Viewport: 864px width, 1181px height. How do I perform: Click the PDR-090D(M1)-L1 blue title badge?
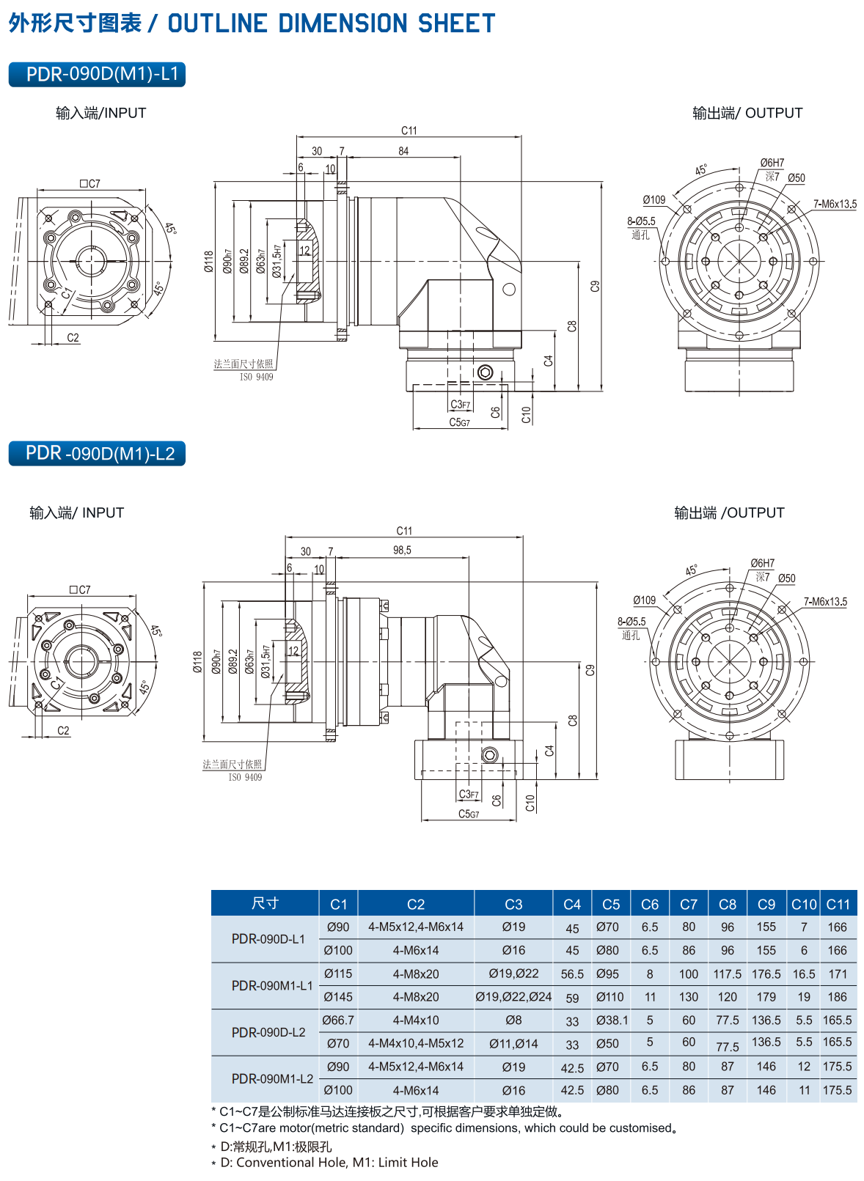click(97, 74)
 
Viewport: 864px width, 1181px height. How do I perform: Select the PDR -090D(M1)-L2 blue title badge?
click(97, 454)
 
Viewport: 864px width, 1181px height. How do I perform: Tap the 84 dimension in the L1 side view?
click(403, 151)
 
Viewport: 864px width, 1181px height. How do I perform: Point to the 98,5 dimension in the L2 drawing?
click(402, 551)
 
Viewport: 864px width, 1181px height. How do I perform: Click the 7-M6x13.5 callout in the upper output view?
click(835, 204)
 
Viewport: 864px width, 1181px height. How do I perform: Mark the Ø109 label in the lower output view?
click(644, 600)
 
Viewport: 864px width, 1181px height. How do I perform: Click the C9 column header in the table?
click(766, 904)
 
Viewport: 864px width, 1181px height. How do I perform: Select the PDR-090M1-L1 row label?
click(272, 985)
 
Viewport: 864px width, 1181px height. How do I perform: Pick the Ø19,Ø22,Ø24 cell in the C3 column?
click(513, 997)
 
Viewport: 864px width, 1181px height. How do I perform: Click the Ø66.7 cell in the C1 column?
click(338, 1020)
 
